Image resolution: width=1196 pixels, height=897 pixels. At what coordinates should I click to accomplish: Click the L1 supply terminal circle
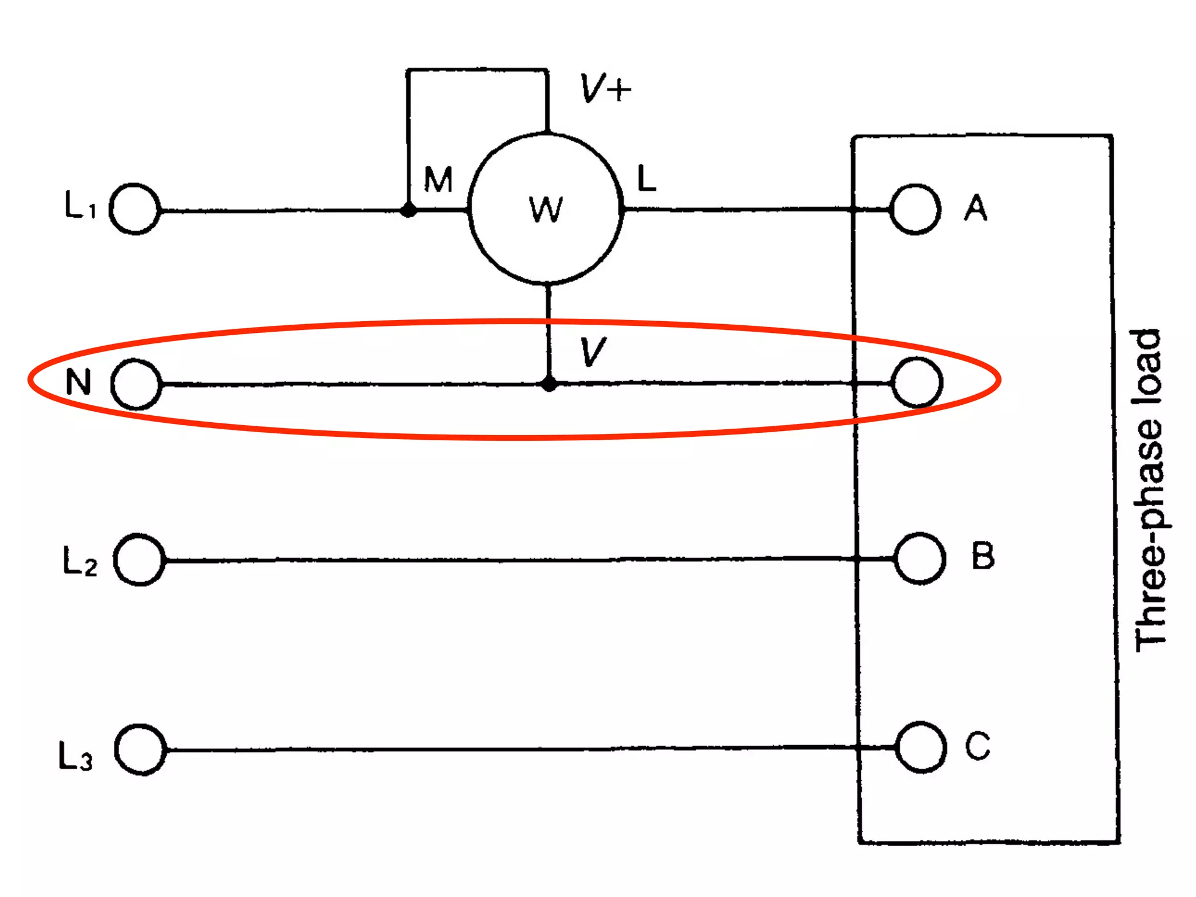[135, 209]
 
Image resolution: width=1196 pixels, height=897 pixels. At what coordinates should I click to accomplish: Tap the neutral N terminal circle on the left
[137, 384]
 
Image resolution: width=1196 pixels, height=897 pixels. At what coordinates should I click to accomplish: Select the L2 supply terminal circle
[140, 559]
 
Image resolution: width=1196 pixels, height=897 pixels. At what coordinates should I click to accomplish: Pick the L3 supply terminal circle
[141, 749]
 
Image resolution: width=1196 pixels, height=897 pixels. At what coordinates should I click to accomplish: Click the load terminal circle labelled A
[915, 209]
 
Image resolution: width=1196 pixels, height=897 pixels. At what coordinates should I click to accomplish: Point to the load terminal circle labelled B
[920, 558]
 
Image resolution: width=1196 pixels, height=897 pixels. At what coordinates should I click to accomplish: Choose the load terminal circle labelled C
[921, 747]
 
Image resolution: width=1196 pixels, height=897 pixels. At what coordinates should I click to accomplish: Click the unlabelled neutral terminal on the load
[917, 383]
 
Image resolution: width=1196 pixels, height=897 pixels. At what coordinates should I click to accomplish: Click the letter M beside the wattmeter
[438, 179]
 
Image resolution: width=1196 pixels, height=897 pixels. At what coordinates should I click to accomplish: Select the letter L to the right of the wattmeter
[646, 178]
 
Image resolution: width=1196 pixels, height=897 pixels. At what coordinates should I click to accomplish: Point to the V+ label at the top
[605, 89]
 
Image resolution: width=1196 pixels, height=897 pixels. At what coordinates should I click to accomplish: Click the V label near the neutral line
[593, 352]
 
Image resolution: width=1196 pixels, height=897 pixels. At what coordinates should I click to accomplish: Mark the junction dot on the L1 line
[409, 210]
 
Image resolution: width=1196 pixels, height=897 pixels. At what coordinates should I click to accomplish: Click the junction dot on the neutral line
[549, 384]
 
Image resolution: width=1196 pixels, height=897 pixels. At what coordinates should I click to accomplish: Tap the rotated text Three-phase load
[1148, 491]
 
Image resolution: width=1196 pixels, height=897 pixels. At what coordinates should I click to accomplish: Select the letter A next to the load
[975, 208]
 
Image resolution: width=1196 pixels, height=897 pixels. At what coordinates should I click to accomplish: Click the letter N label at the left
[78, 383]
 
